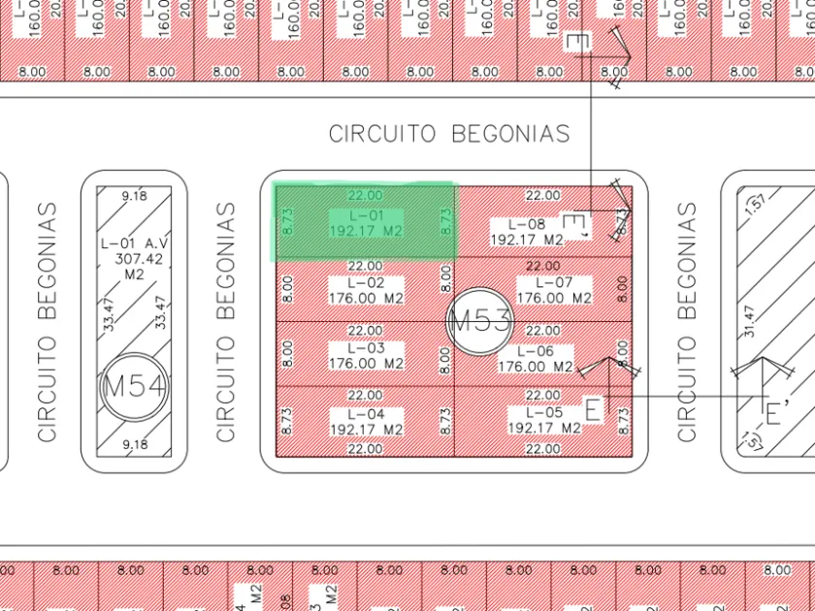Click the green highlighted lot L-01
(x=364, y=222)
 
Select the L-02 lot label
(x=364, y=282)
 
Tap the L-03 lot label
(x=364, y=348)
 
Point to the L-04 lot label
(x=364, y=414)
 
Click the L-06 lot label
(x=536, y=351)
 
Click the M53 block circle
(x=480, y=321)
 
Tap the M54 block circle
(x=134, y=386)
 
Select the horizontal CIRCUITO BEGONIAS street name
(x=449, y=134)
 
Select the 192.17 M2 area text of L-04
(x=366, y=429)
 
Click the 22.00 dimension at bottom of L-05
(x=542, y=449)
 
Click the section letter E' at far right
(x=773, y=414)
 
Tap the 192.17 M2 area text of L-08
(x=525, y=240)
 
